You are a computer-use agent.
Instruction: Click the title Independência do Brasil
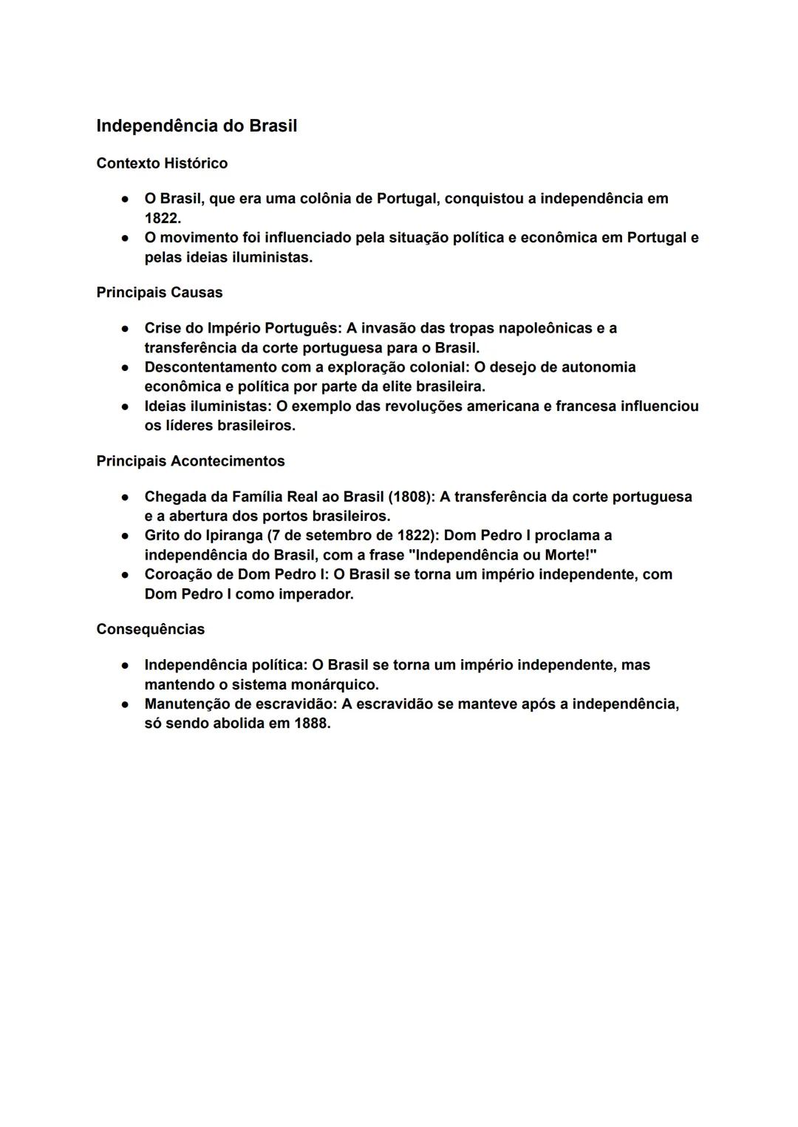197,126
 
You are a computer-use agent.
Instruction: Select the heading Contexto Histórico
162,163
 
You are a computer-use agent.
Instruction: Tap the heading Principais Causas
159,293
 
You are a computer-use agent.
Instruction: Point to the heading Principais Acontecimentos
190,461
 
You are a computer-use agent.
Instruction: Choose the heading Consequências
150,630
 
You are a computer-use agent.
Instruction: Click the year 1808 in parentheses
410,497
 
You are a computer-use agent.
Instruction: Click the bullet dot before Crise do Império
126,328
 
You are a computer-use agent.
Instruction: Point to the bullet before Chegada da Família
126,497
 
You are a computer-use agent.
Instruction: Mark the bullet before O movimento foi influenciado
126,238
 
